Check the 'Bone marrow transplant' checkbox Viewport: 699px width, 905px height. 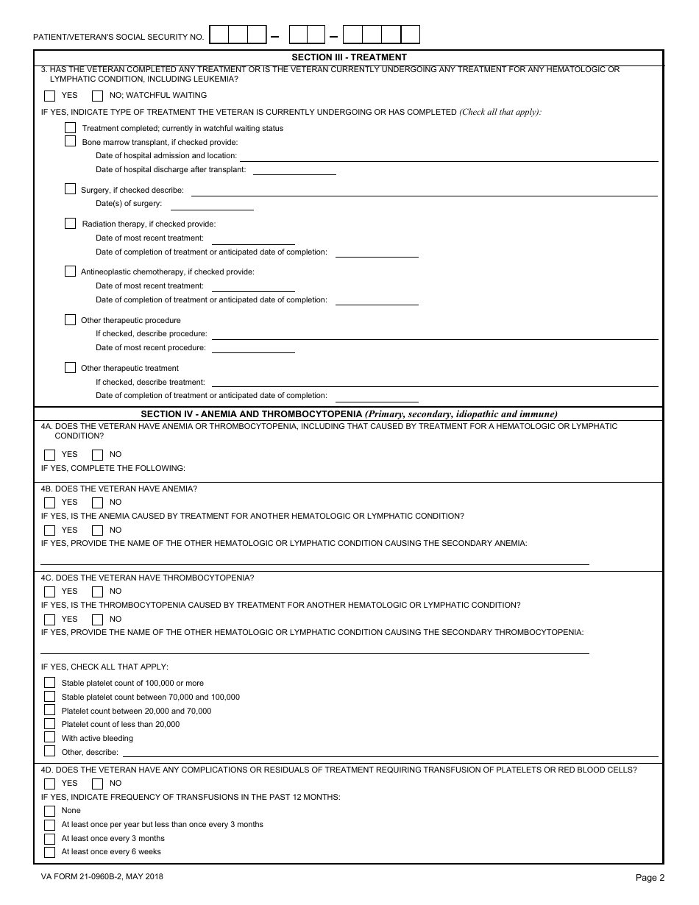pos(70,141)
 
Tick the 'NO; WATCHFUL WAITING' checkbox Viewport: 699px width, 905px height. pos(97,95)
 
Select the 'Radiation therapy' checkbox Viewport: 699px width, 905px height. pos(70,223)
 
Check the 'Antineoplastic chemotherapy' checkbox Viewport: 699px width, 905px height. pos(70,271)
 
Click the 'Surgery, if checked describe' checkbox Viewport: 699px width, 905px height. pos(70,189)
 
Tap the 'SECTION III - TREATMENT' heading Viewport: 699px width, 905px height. pos(349,57)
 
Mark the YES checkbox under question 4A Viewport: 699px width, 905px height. pos(49,454)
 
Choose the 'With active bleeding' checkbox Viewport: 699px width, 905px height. pos(49,737)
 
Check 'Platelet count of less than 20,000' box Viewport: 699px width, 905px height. pos(49,724)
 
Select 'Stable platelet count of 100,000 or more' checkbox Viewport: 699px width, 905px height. pos(49,683)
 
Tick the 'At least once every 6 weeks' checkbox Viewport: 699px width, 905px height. pos(49,852)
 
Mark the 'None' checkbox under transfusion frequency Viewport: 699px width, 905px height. pos(49,810)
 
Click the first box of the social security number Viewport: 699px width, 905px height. pos(219,35)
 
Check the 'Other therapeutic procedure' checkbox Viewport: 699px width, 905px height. pos(70,319)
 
